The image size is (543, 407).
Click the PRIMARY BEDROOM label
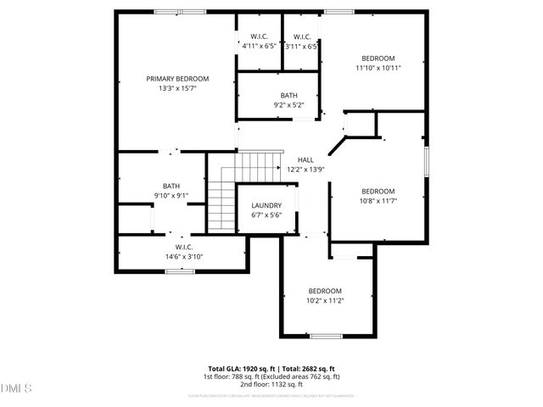tap(176, 79)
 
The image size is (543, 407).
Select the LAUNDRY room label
tap(266, 206)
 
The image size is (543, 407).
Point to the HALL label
tap(305, 159)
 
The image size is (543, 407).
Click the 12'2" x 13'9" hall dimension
tap(305, 170)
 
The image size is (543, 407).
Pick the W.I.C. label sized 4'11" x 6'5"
tap(258, 36)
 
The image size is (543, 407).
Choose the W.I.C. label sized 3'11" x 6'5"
tap(300, 36)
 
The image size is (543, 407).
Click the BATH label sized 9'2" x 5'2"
tap(288, 95)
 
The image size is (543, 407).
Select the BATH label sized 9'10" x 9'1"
tap(171, 186)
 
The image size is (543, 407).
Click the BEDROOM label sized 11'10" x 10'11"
tap(378, 59)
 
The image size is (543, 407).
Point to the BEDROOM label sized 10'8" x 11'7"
tap(378, 191)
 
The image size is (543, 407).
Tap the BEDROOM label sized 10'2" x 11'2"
tap(325, 291)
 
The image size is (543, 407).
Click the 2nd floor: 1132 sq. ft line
tap(271, 384)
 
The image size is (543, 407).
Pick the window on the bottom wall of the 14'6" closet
tap(177, 271)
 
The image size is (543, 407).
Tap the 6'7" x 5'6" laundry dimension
tap(266, 216)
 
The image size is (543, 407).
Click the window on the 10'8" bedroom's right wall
tap(426, 160)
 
